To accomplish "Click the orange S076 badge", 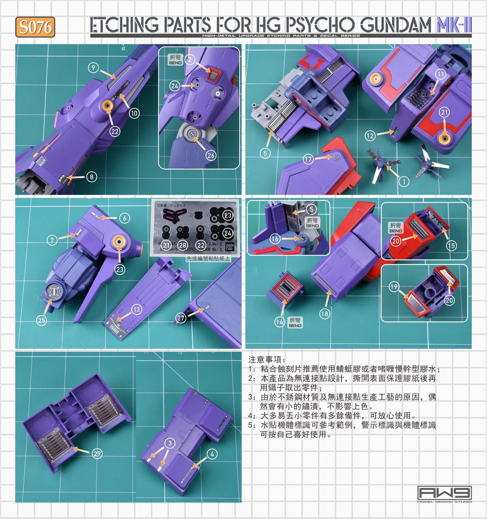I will click(35, 27).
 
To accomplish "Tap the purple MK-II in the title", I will click(454, 25).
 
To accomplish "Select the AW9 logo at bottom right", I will click(444, 494).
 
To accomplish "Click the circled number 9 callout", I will click(93, 68).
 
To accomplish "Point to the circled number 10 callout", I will click(134, 113).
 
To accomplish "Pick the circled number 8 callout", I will click(91, 177).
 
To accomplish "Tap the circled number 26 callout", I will click(211, 155).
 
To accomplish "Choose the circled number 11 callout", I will click(440, 74).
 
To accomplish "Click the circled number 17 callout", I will click(308, 159).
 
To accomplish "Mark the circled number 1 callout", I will click(404, 182).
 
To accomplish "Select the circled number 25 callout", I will click(41, 320).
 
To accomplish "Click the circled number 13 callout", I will click(136, 309).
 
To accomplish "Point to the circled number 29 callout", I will click(97, 454).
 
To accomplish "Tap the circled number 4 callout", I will click(212, 454).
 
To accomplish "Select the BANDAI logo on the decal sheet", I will click(229, 247).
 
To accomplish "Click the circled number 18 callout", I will click(324, 314).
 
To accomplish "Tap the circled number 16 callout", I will click(275, 239).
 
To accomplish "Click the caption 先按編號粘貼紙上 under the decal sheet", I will click(208, 258).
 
